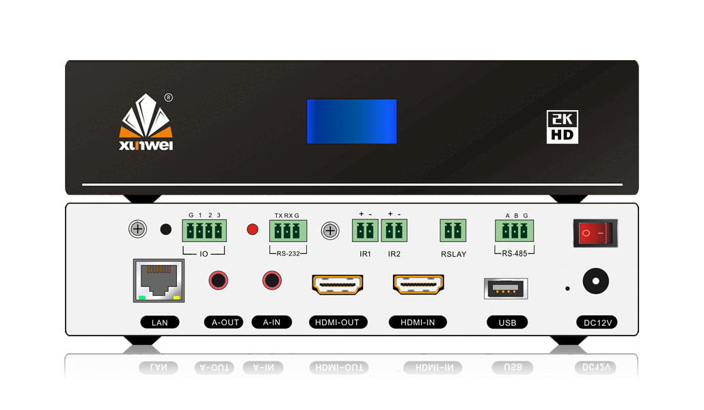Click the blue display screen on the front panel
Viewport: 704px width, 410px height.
pos(351,121)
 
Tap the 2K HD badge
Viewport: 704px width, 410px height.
pos(563,126)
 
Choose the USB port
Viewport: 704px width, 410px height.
pos(505,288)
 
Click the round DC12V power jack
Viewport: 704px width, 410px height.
pos(595,281)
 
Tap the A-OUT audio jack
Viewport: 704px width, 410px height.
pos(218,279)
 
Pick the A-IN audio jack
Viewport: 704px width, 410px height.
pos(272,279)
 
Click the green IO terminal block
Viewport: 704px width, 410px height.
pos(204,231)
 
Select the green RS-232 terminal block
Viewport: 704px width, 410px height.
pos(288,231)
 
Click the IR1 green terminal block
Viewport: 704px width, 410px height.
pos(365,231)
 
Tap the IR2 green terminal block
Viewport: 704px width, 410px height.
pos(394,231)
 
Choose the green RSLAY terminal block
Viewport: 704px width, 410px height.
pos(452,231)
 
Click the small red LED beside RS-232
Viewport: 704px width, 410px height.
pos(252,230)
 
